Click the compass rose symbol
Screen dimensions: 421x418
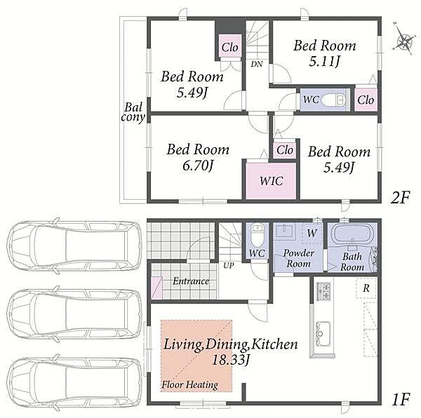point(403,39)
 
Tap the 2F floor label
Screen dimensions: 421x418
point(400,198)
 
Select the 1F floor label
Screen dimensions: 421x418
point(401,400)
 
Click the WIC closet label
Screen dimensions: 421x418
point(271,181)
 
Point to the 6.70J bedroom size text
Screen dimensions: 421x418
point(198,166)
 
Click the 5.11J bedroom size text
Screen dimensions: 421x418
point(325,62)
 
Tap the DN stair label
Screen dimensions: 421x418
point(257,64)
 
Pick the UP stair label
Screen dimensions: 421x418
point(229,266)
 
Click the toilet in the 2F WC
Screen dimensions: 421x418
point(333,100)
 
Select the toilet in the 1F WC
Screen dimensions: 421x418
point(258,235)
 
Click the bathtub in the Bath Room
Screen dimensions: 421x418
point(352,234)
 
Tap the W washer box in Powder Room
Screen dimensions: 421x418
point(312,233)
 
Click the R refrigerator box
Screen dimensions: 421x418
point(366,288)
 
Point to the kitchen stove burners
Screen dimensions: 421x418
point(323,291)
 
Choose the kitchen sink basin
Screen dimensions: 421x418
point(323,330)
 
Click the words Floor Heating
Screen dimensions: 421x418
point(189,385)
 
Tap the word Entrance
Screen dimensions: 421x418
point(191,281)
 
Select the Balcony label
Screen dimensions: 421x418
point(133,112)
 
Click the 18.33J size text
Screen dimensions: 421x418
point(231,360)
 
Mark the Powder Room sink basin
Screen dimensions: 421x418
point(285,231)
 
